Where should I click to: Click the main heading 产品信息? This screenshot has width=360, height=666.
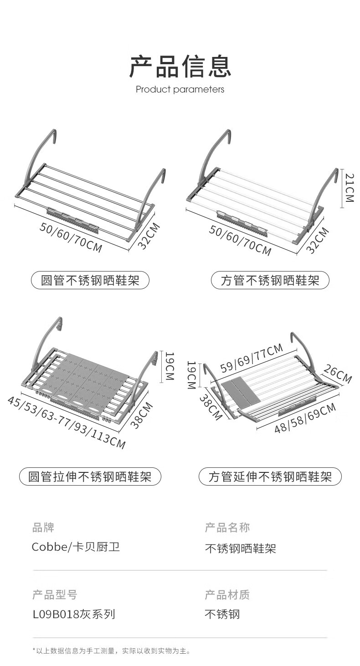pyautogui.click(x=180, y=66)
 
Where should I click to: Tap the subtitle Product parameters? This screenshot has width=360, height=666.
pyautogui.click(x=180, y=89)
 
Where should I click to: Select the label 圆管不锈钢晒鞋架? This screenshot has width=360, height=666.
pyautogui.click(x=90, y=280)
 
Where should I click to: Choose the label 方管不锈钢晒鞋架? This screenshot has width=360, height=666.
pyautogui.click(x=270, y=280)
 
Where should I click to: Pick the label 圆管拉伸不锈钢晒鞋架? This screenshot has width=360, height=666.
pyautogui.click(x=90, y=477)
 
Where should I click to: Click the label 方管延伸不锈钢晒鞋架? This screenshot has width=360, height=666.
pyautogui.click(x=270, y=477)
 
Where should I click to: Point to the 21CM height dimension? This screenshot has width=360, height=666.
pyautogui.click(x=349, y=188)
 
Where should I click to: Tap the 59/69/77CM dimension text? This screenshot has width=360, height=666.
pyautogui.click(x=252, y=359)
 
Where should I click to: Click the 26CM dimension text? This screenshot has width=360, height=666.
pyautogui.click(x=338, y=373)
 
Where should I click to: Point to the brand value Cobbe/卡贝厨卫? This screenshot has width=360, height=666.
pyautogui.click(x=76, y=547)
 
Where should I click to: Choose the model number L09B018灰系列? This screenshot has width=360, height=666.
pyautogui.click(x=74, y=615)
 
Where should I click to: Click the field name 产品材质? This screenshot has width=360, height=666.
pyautogui.click(x=227, y=594)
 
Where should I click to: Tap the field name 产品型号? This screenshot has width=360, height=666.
pyautogui.click(x=55, y=594)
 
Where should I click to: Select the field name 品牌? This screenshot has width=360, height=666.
pyautogui.click(x=43, y=528)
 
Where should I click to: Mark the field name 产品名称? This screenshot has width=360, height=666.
pyautogui.click(x=227, y=528)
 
